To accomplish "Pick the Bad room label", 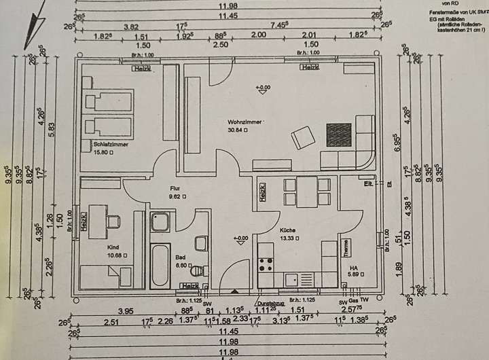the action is pyautogui.click(x=180, y=259).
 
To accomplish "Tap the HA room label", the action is pyautogui.click(x=353, y=268).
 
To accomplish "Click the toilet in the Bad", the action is pyautogui.click(x=201, y=243).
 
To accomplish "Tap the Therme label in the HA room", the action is pyautogui.click(x=345, y=248).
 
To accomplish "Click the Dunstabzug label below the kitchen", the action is pyautogui.click(x=270, y=305).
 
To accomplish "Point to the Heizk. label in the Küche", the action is pyautogui.click(x=261, y=193).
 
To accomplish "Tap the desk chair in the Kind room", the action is pyautogui.click(x=113, y=221).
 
